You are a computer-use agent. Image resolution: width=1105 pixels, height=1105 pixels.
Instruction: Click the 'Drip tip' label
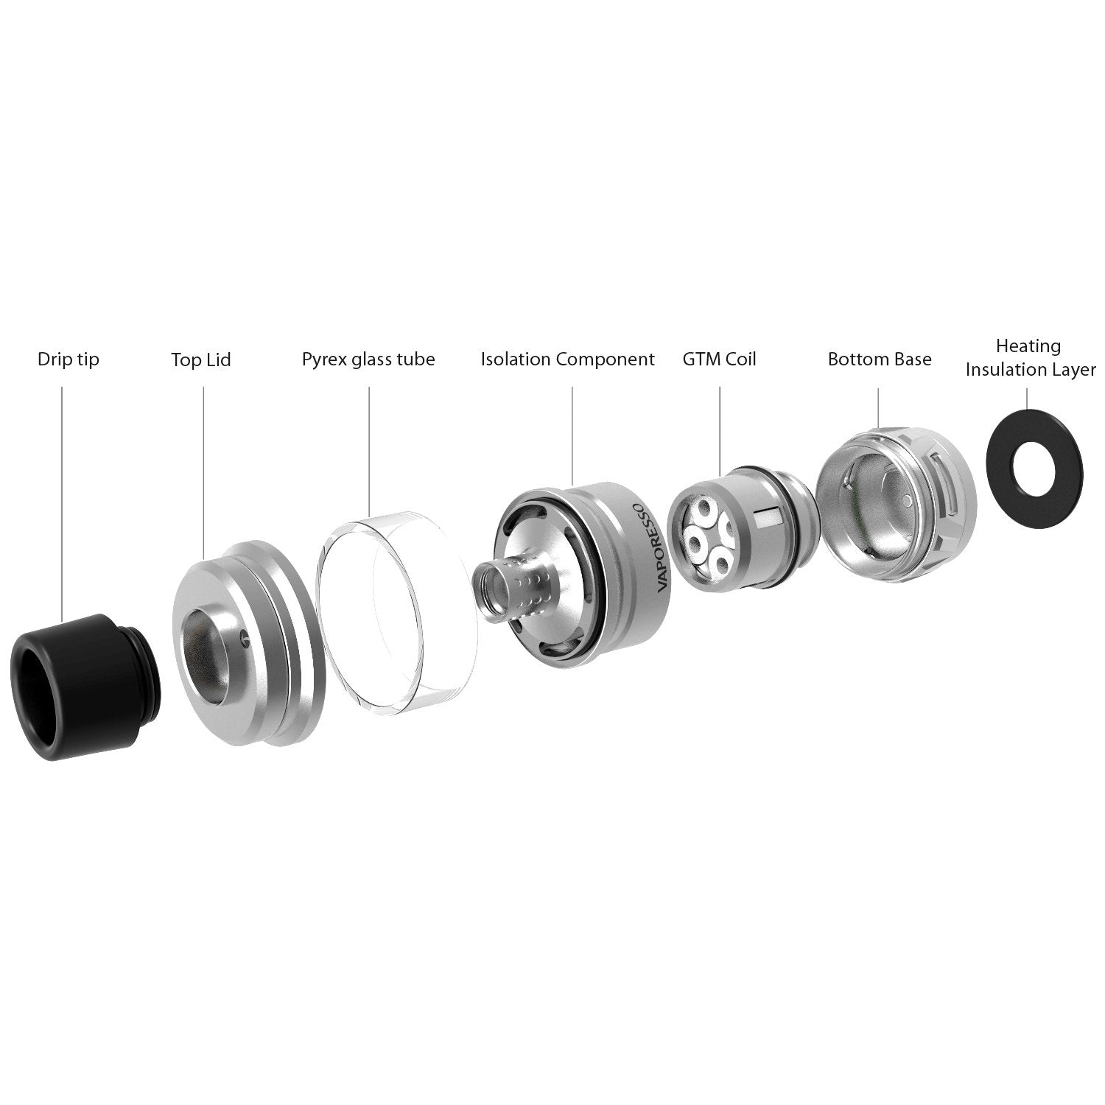coord(68,360)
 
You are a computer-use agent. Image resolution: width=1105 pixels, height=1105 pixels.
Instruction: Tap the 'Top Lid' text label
coord(201,360)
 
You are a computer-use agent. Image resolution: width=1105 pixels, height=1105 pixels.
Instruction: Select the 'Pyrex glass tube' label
coord(368,360)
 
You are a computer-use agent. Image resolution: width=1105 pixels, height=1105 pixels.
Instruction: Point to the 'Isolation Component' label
coord(567,360)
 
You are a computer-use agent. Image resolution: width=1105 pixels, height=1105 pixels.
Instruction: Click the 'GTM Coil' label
coord(719,359)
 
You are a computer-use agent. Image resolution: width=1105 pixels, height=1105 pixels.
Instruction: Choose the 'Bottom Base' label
coord(880,359)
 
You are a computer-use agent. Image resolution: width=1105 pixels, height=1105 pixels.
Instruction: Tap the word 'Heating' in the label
coord(1028,346)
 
